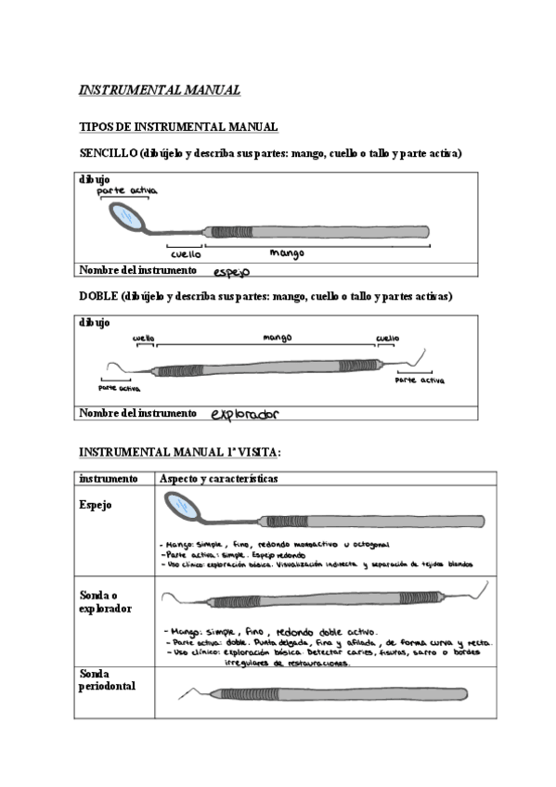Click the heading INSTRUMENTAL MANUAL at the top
click(160, 90)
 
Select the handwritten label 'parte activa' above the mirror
click(127, 190)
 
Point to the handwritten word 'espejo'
click(232, 272)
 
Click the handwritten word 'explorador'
click(245, 414)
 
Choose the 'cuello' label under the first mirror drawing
click(186, 252)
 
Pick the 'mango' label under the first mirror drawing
click(287, 252)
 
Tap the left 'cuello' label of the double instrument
click(143, 339)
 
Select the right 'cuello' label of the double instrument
click(387, 339)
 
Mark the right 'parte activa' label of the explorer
click(420, 381)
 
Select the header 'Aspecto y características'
click(219, 479)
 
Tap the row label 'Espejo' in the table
click(96, 505)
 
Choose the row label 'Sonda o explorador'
click(104, 601)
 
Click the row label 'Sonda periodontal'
click(108, 679)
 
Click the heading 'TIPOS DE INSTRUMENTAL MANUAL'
click(179, 126)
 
